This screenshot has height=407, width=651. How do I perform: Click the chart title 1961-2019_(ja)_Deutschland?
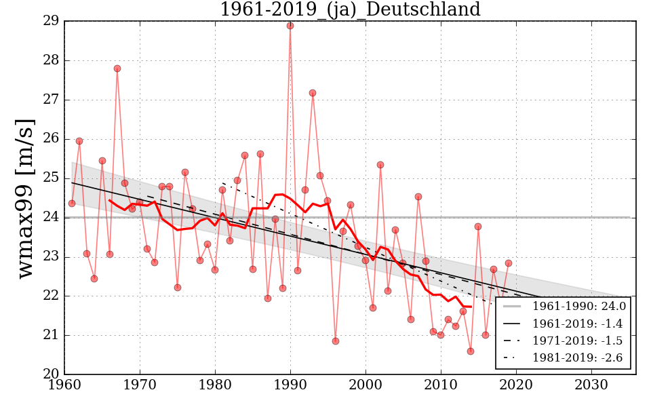pos(350,9)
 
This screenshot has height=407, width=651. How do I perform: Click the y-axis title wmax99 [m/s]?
pos(26,197)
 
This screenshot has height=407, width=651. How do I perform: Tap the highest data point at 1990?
pos(290,26)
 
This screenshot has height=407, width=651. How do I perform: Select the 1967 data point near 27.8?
pos(117,69)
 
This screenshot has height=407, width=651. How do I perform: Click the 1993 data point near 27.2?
pos(313,93)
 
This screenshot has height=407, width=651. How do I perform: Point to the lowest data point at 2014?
pos(471,351)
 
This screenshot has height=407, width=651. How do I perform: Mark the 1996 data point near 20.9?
pos(336,341)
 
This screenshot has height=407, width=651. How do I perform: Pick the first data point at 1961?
pos(72,203)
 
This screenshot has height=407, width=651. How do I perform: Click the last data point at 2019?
pos(509,263)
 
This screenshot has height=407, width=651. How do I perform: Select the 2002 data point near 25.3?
pos(380,165)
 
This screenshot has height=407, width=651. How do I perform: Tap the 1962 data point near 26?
pos(79,141)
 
